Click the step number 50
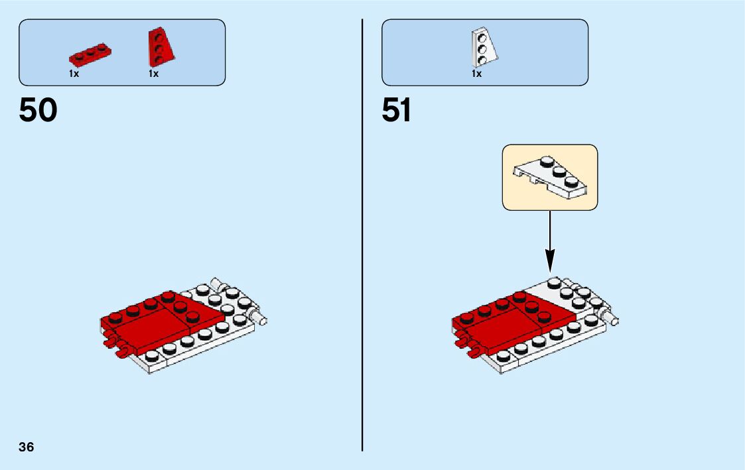click(38, 110)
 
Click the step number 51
click(396, 110)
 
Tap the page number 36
click(27, 447)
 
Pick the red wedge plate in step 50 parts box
click(159, 46)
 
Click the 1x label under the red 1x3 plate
click(74, 74)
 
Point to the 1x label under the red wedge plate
click(153, 74)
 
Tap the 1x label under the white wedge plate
click(476, 74)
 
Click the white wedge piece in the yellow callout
click(551, 176)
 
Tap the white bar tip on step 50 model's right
click(263, 322)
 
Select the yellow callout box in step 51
click(550, 178)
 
